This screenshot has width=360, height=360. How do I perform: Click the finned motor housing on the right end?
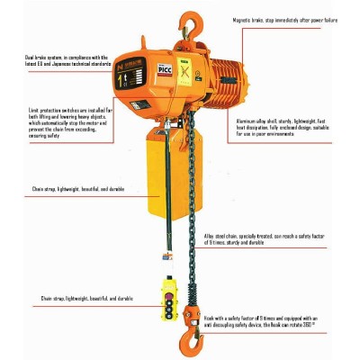pyautogui.click(x=236, y=85)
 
